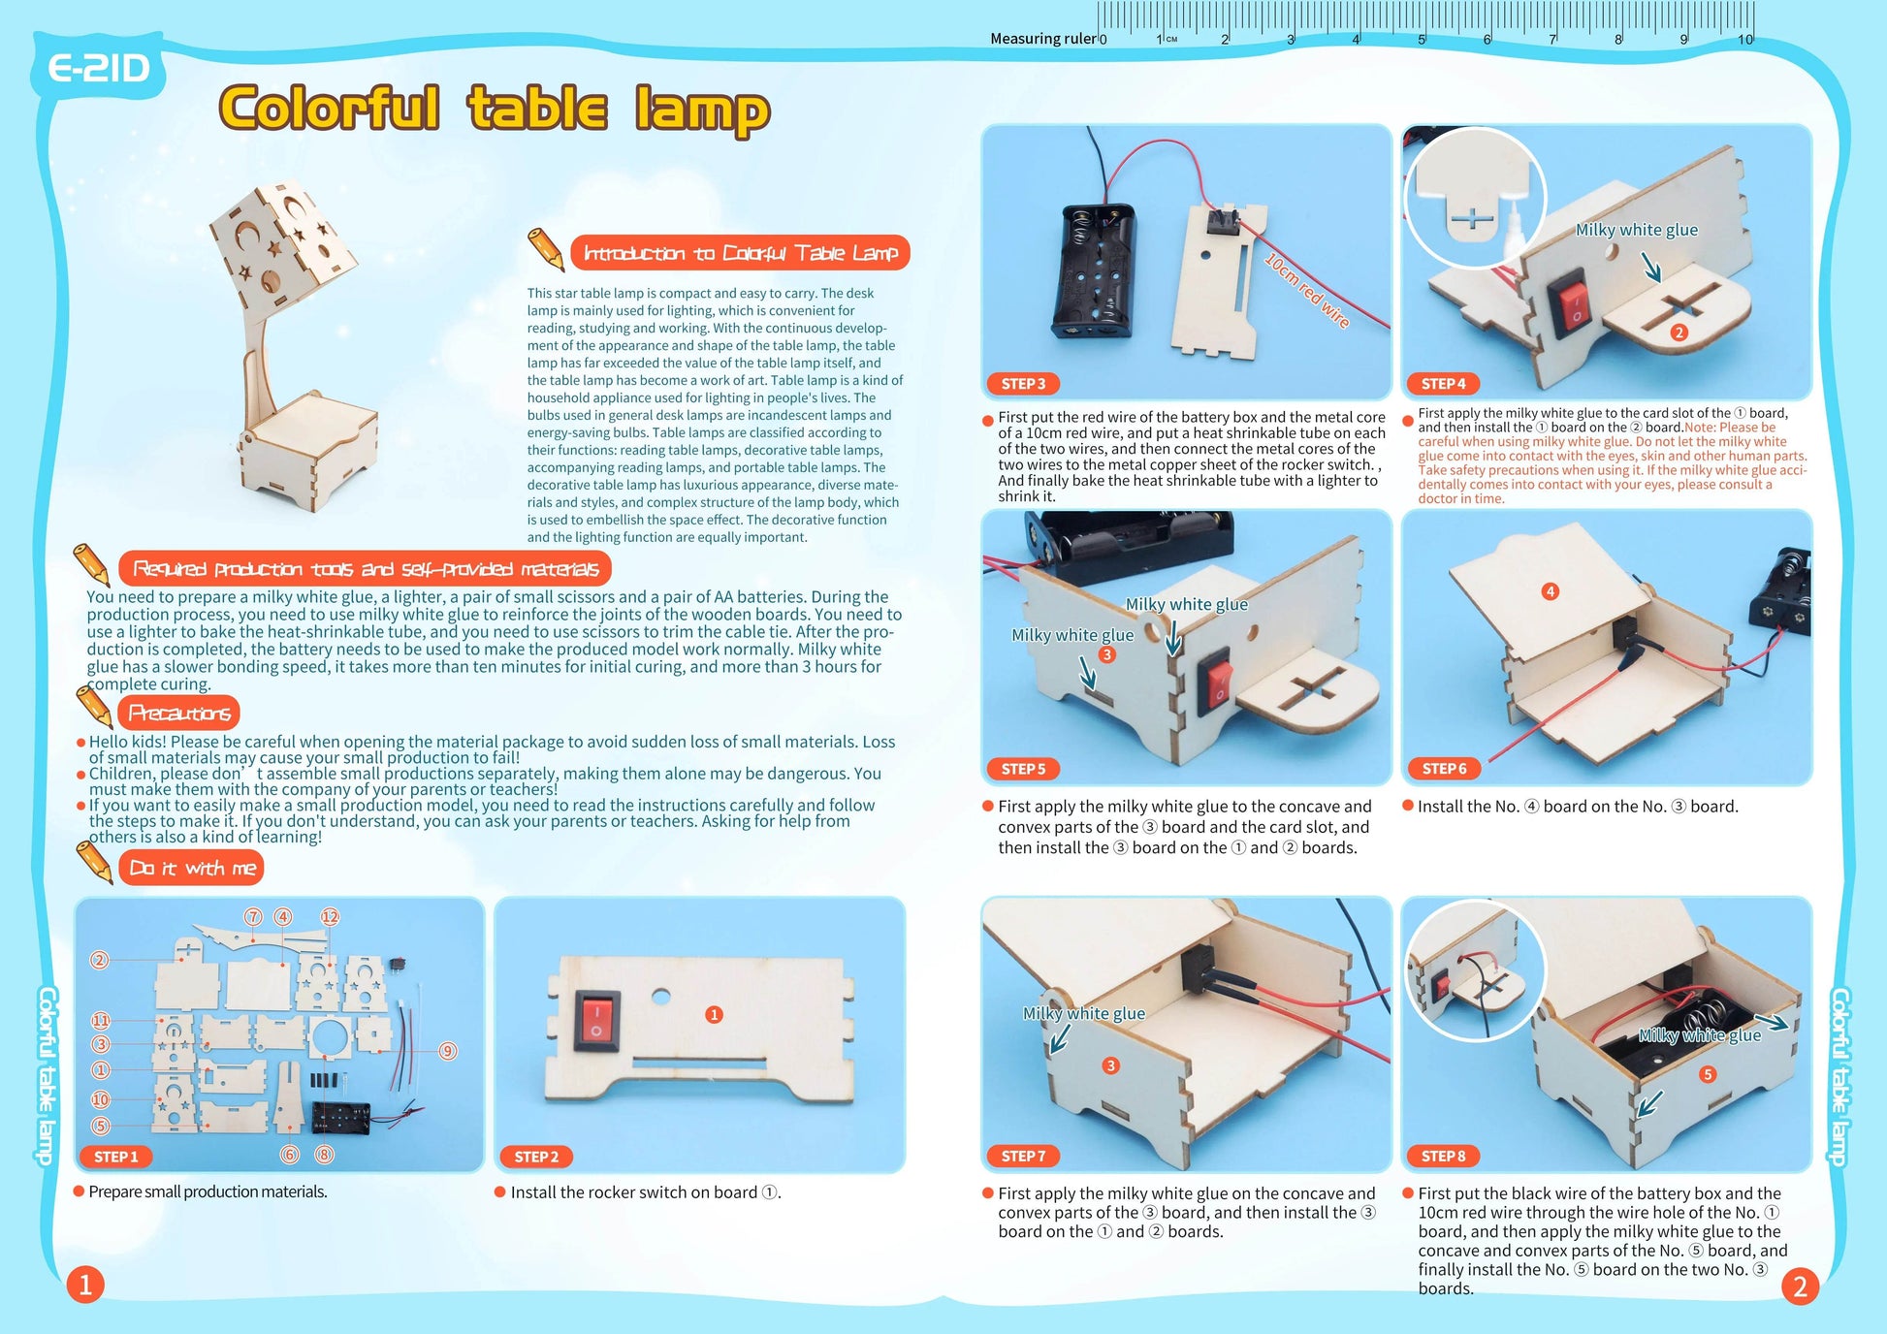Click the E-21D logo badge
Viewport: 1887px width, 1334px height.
coord(99,69)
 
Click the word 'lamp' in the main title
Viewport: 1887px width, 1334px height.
coord(702,111)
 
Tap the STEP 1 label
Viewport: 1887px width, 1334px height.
coord(116,1157)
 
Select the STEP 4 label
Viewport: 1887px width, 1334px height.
coord(1443,384)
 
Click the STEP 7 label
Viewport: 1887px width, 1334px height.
coord(1023,1156)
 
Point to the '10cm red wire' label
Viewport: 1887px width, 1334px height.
coord(1307,290)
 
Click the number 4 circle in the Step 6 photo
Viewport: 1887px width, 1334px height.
coord(1550,591)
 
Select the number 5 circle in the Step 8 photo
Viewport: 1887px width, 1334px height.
coord(1708,1074)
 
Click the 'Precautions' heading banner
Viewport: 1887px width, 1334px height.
coord(179,714)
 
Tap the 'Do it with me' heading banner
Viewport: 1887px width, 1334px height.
coord(192,868)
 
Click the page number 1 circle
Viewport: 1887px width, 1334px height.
coord(85,1286)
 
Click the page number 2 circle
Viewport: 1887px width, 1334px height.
coord(1800,1286)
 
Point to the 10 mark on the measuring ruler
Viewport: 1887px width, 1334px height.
coord(1745,40)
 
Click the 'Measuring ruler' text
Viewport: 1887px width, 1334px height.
coord(1042,39)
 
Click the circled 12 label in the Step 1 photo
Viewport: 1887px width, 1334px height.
coord(330,917)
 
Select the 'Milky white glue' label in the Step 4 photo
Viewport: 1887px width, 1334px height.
coord(1637,230)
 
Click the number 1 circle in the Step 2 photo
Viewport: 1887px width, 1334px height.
coord(714,1015)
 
